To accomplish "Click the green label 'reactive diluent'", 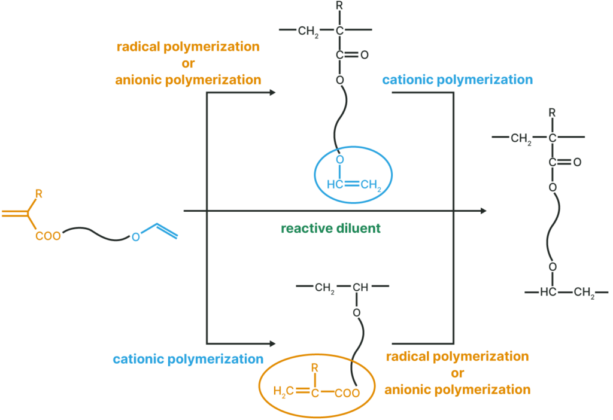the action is click(330, 228).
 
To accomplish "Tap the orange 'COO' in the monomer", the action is click(48, 236).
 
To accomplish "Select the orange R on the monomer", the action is click(39, 193).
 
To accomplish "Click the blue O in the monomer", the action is click(136, 237).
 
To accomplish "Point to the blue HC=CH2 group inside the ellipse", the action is click(354, 184).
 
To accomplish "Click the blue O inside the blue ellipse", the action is click(340, 159).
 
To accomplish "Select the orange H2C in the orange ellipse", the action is click(283, 391).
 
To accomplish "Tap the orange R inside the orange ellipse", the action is click(315, 367).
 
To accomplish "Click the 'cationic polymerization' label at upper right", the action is click(457, 80).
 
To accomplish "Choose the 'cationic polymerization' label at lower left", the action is click(188, 359).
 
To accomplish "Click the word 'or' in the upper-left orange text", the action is click(188, 63).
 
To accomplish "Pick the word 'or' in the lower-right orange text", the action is click(457, 373).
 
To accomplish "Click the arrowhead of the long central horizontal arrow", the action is click(484, 211).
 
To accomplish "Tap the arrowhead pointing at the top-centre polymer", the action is click(273, 93).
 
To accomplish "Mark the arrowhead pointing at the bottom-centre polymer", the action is click(273, 344).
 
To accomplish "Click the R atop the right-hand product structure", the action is click(552, 113).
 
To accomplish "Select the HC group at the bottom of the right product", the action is click(548, 292).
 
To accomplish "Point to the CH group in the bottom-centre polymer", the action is click(360, 288).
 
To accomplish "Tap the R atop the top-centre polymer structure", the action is click(339, 5).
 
